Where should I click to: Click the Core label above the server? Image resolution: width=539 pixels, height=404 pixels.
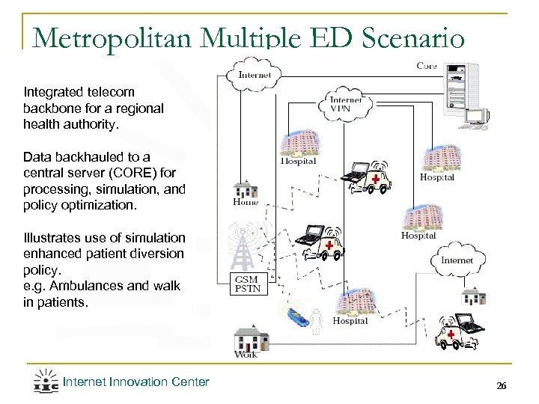tap(427, 67)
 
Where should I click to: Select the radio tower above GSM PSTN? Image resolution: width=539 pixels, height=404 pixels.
tap(240, 244)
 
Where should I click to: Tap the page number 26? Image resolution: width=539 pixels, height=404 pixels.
tap(502, 386)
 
